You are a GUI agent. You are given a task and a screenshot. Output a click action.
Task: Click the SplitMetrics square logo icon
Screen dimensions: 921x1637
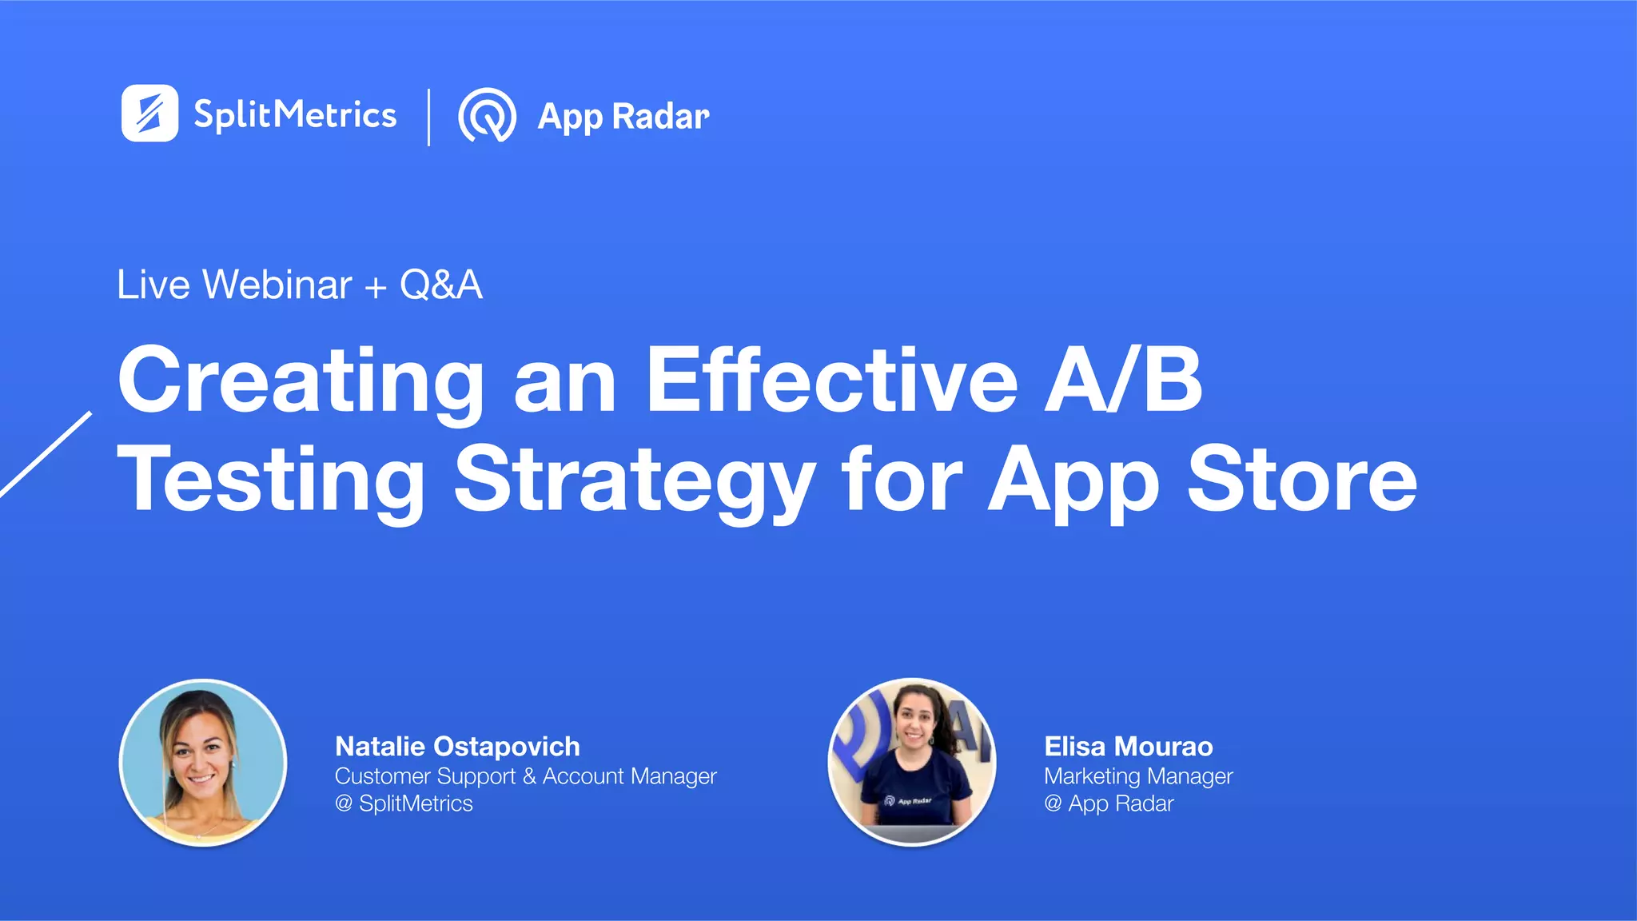click(x=149, y=114)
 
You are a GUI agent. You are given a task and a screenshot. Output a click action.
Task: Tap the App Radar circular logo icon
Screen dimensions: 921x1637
click(x=487, y=115)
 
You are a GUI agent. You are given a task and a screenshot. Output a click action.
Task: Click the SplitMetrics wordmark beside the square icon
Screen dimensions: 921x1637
click(x=295, y=115)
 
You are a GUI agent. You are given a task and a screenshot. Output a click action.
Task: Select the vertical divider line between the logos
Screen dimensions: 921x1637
click(x=429, y=117)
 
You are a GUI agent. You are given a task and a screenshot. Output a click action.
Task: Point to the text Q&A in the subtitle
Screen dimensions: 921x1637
click(x=441, y=285)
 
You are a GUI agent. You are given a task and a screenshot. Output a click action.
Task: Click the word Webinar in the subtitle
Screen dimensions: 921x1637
click(x=277, y=285)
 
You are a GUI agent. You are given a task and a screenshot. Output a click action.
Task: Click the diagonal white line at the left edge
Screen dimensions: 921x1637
click(x=46, y=454)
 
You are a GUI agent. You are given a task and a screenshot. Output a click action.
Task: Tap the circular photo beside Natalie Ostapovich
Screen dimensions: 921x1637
click(x=203, y=763)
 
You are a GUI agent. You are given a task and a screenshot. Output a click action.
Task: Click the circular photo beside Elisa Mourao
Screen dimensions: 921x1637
click(x=912, y=762)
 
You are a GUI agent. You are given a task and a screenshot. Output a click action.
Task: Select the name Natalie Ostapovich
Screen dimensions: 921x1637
click(x=457, y=746)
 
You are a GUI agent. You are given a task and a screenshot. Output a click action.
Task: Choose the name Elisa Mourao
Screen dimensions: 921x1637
click(x=1128, y=746)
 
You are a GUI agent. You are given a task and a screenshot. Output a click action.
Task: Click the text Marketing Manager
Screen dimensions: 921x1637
click(x=1138, y=775)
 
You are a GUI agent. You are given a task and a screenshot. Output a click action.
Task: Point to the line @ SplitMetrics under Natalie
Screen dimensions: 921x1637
click(x=404, y=803)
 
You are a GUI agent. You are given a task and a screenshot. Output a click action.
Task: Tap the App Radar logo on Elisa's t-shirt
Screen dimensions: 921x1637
click(x=908, y=799)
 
